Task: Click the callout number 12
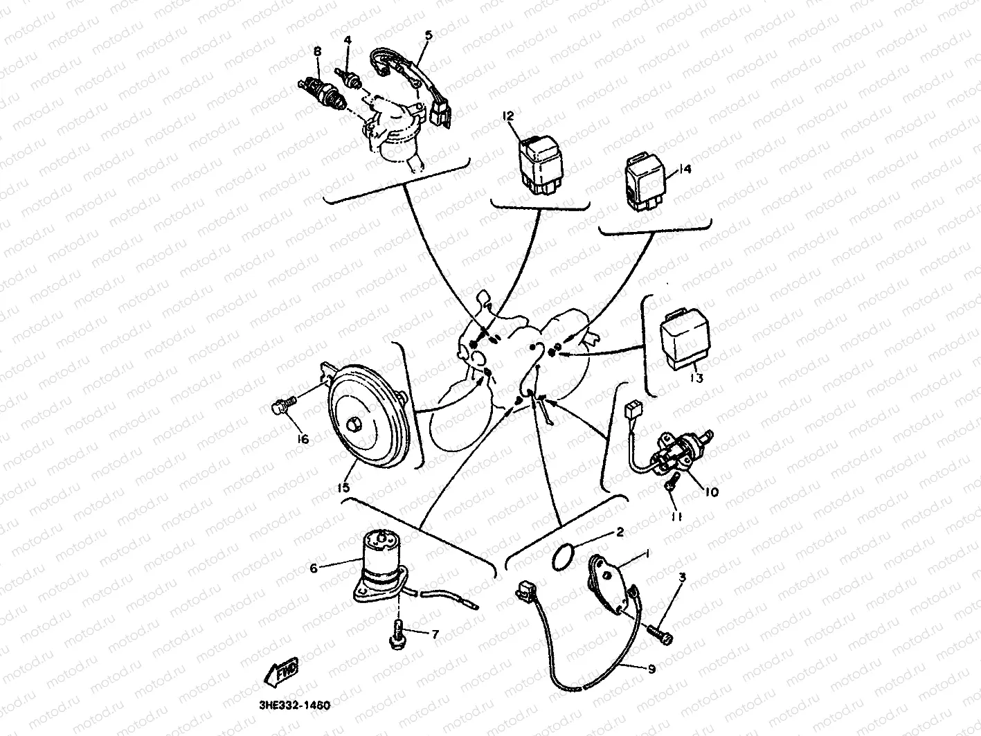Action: pyautogui.click(x=509, y=116)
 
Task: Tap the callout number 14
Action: pyautogui.click(x=685, y=169)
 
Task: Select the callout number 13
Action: pyautogui.click(x=696, y=378)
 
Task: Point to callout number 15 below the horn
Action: pyautogui.click(x=343, y=487)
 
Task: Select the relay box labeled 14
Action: pyautogui.click(x=645, y=181)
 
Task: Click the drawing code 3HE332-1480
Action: pyautogui.click(x=286, y=706)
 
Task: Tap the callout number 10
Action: pyautogui.click(x=712, y=492)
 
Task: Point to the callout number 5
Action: pyautogui.click(x=428, y=34)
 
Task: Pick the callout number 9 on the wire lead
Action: pyautogui.click(x=651, y=669)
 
